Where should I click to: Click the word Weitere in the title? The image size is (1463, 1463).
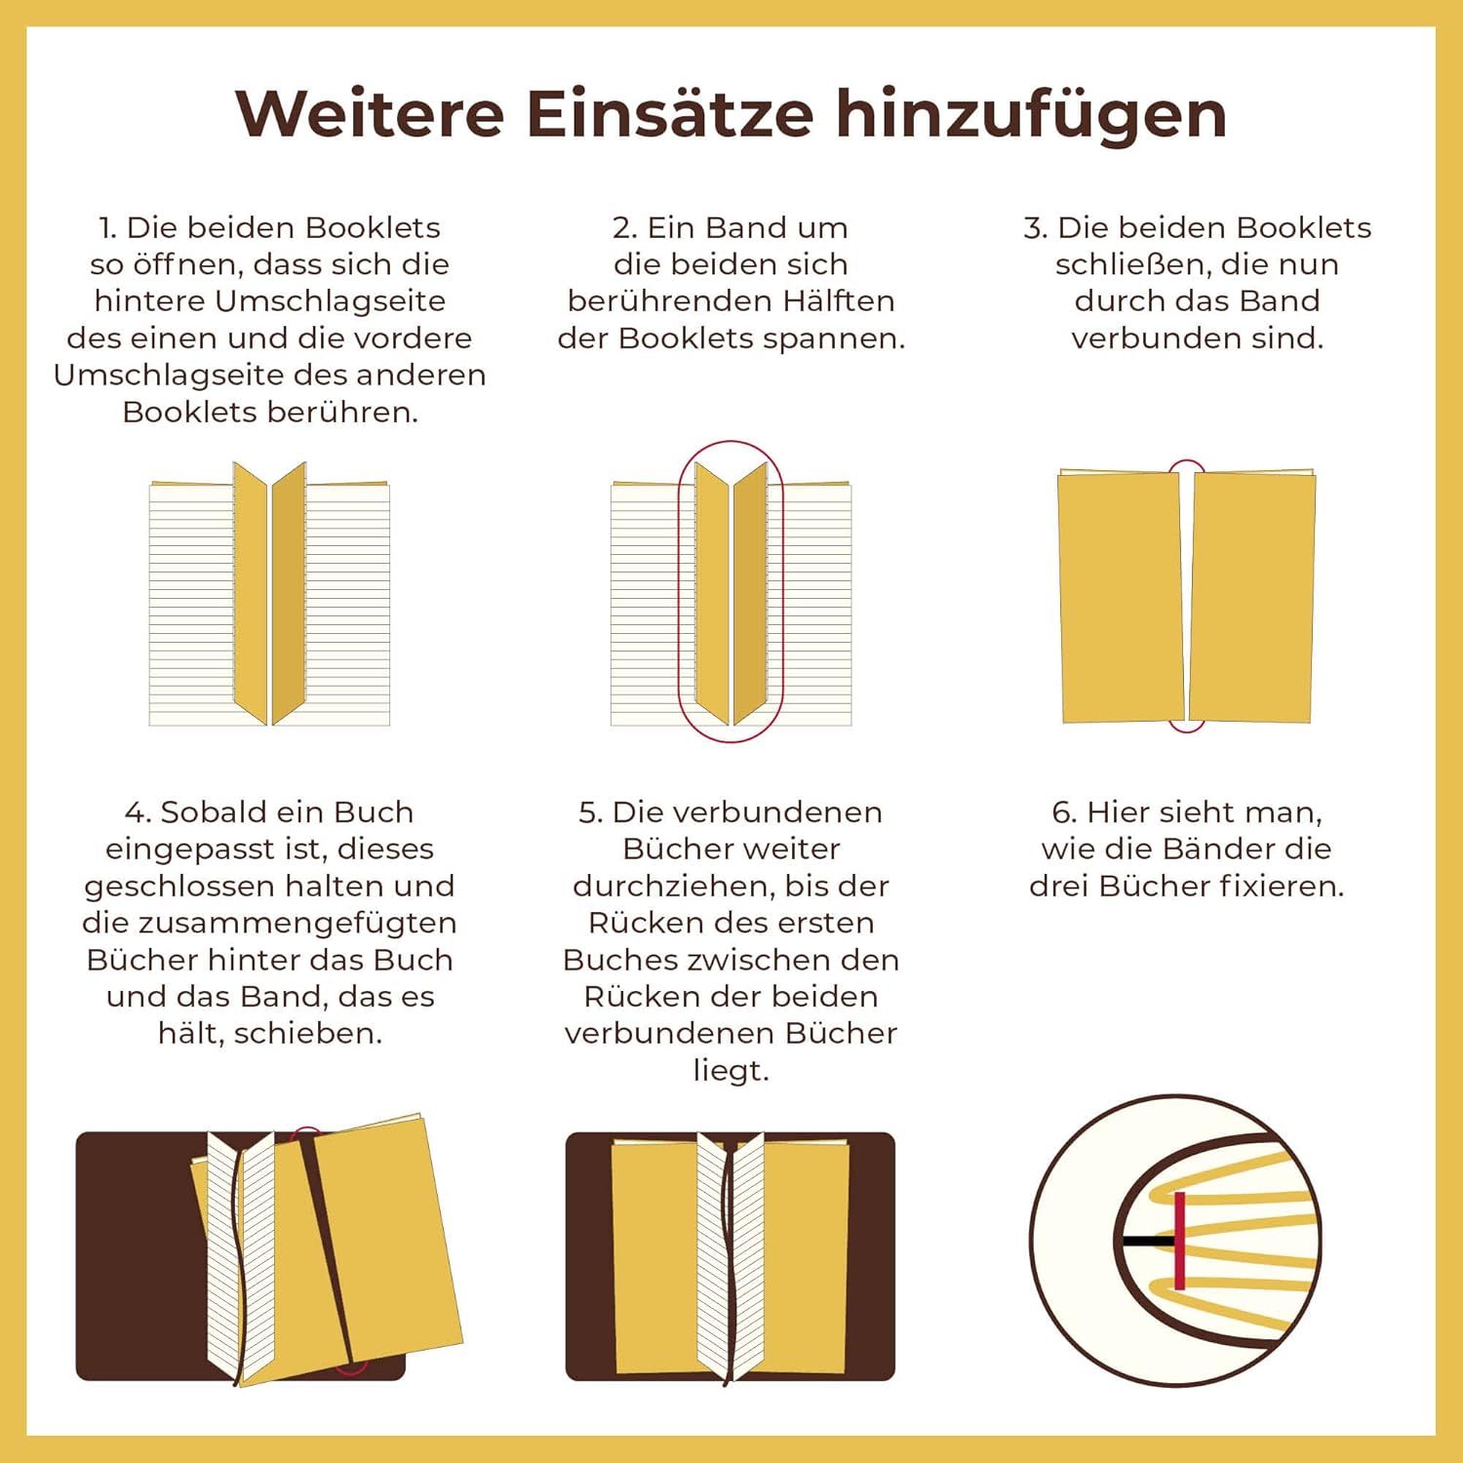point(371,114)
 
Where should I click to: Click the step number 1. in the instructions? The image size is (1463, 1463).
point(107,228)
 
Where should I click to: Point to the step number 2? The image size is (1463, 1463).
point(624,228)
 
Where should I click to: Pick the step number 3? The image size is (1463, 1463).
point(1035,228)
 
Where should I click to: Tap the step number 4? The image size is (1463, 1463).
point(138,812)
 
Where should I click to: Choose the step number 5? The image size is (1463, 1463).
point(590,812)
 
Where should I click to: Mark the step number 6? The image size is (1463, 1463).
point(1064,812)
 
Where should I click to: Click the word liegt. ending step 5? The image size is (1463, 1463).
point(731,1072)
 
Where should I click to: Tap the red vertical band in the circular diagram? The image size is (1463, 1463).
point(1179,1241)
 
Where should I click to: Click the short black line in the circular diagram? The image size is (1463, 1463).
point(1148,1242)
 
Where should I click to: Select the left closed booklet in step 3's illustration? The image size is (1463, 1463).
point(1121,597)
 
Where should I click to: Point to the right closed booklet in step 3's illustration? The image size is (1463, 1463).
point(1252,597)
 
